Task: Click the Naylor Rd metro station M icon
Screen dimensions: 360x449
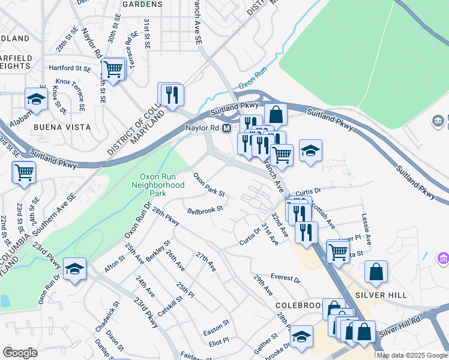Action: (227, 128)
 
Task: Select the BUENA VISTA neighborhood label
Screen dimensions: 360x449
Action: (62, 127)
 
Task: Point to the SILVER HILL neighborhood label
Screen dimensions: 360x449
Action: (389, 295)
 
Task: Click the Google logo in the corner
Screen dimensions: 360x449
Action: (20, 353)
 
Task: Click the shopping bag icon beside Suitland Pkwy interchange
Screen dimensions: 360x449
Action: (275, 113)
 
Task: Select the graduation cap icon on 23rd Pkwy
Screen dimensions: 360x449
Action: (74, 269)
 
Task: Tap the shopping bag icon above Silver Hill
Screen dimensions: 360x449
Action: (376, 271)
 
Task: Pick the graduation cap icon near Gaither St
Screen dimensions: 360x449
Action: (301, 337)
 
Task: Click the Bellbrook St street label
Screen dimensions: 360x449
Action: (205, 210)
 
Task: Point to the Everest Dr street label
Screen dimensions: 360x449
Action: (285, 278)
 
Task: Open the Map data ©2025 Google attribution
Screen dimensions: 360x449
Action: (412, 355)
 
